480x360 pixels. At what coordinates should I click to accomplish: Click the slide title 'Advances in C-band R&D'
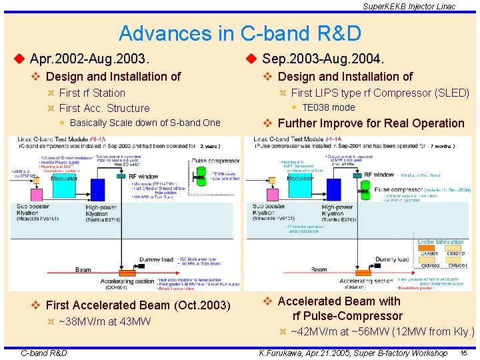(239, 33)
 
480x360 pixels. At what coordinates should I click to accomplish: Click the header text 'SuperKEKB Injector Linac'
(409, 6)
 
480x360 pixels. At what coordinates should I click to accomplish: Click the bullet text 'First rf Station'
(92, 93)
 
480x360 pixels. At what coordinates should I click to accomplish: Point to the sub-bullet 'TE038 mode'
(329, 107)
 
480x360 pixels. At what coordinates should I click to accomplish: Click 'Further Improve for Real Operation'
(371, 123)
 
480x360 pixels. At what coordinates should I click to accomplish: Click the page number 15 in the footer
(463, 352)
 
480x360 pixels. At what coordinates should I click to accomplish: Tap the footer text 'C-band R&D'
(44, 352)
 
